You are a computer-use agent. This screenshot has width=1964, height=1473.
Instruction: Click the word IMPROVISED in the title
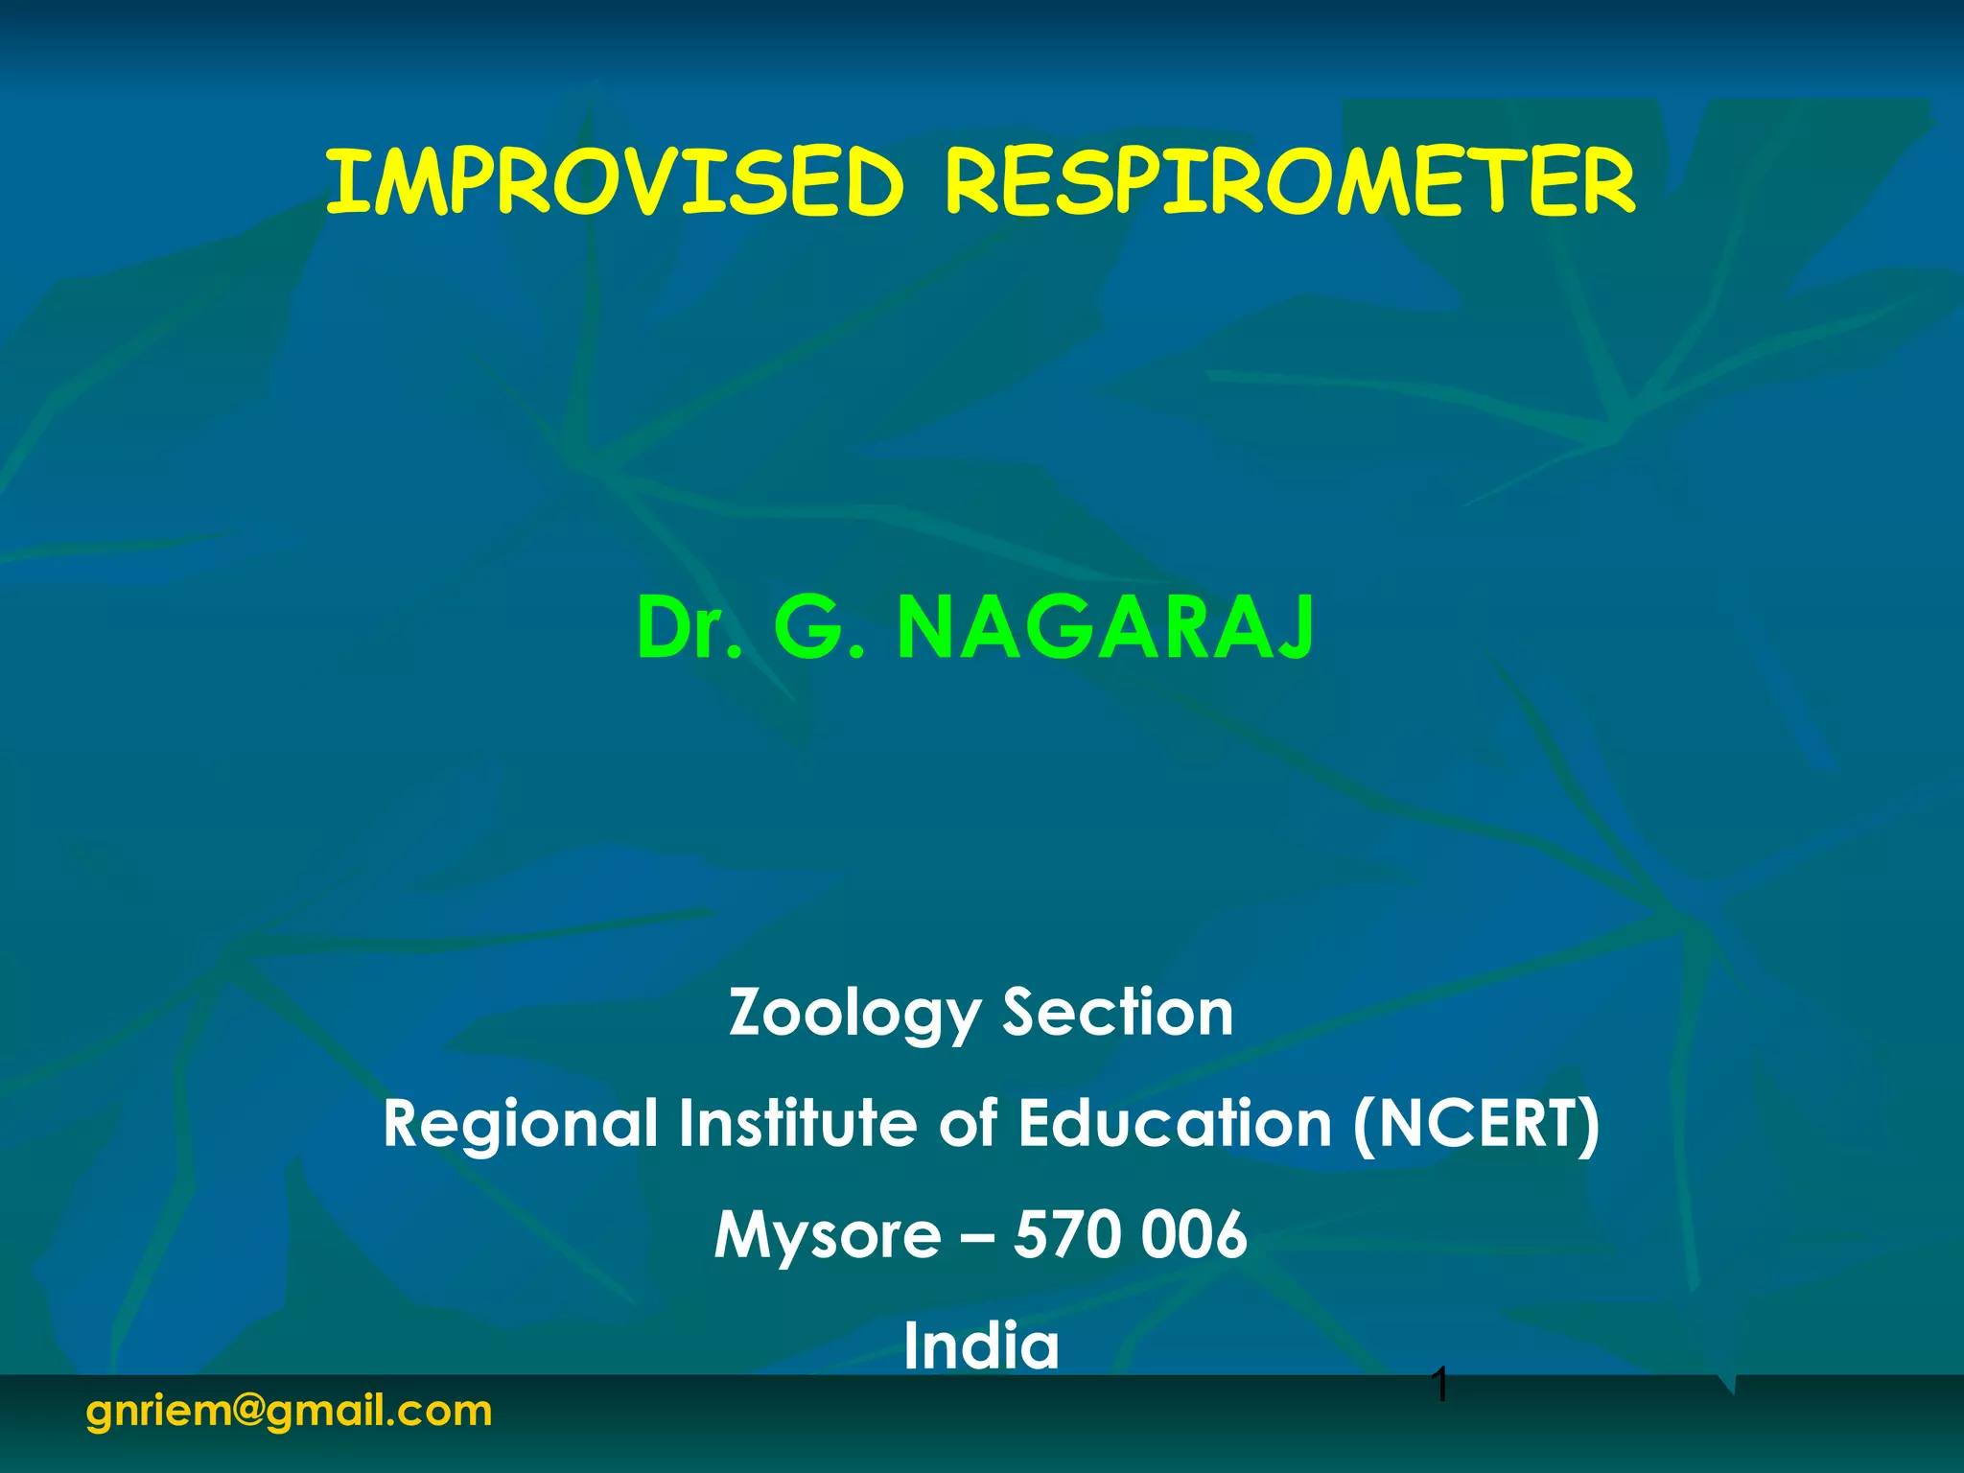(615, 182)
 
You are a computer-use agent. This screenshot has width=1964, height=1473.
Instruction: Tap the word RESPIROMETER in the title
(1290, 182)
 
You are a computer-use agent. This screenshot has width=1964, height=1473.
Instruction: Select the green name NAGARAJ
(1106, 628)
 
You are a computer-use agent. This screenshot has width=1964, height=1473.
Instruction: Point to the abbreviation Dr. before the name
(690, 628)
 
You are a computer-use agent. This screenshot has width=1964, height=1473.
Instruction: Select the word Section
(1118, 1013)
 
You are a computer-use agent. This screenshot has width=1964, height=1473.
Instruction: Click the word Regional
(521, 1124)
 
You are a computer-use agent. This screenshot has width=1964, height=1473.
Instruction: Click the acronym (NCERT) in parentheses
(1476, 1124)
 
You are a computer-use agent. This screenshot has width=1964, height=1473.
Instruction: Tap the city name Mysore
(828, 1234)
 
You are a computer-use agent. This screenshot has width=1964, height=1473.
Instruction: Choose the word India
(982, 1344)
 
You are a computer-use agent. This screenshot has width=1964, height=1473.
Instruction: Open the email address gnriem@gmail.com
(289, 1412)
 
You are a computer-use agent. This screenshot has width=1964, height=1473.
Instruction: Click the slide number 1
(1438, 1385)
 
